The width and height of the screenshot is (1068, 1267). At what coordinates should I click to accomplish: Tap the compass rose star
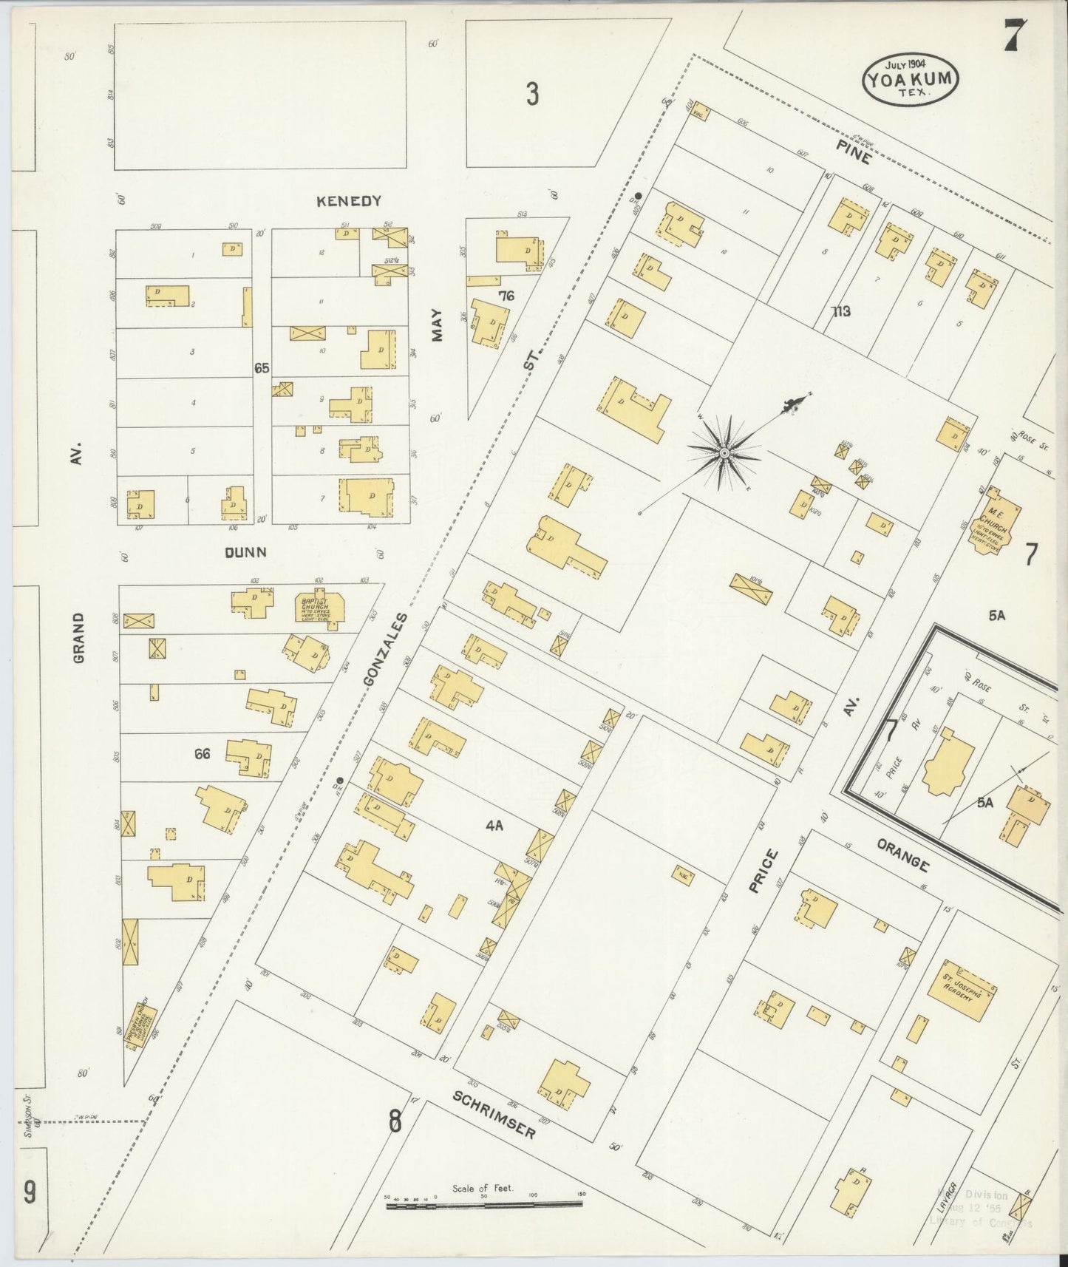coord(724,452)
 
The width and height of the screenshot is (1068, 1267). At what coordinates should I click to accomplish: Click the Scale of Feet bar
coord(483,1204)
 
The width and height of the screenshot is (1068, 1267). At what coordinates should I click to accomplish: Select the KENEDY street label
coord(348,201)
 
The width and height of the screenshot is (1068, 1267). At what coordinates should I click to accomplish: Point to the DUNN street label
coord(245,552)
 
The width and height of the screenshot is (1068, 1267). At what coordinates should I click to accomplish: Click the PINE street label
coord(854,152)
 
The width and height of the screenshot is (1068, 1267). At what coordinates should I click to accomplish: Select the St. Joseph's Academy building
coord(961,991)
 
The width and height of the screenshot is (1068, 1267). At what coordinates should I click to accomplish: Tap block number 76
coord(506,296)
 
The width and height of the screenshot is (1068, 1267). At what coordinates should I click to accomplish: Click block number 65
coord(262,367)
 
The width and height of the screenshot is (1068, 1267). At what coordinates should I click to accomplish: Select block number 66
coord(203,754)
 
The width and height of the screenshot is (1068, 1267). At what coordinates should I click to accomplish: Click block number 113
coord(840,311)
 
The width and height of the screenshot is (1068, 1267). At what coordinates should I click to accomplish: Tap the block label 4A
coord(494,827)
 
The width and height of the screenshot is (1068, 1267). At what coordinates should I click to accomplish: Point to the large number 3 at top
coord(532,94)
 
